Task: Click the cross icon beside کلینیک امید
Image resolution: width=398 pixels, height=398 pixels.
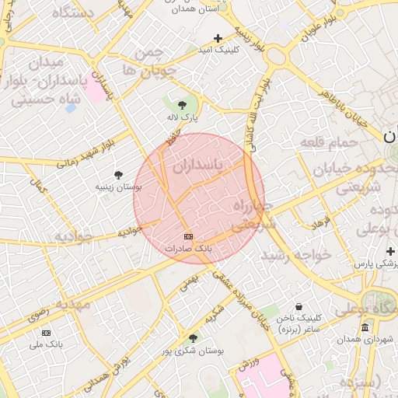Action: pyautogui.click(x=218, y=37)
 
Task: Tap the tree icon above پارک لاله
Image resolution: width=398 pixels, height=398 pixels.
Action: pyautogui.click(x=182, y=103)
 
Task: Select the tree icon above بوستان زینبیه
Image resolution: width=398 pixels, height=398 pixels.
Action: pyautogui.click(x=118, y=175)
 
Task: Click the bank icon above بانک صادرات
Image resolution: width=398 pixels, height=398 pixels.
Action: pyautogui.click(x=187, y=236)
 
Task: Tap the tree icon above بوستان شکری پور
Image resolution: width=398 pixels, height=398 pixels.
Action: pyautogui.click(x=192, y=337)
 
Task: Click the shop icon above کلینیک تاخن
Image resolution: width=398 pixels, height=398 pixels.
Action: pyautogui.click(x=299, y=306)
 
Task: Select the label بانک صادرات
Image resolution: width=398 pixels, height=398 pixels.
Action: pyautogui.click(x=187, y=248)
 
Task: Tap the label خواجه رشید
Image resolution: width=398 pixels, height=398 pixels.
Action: pyautogui.click(x=296, y=254)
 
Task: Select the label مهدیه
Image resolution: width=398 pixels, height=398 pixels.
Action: pyautogui.click(x=68, y=304)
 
